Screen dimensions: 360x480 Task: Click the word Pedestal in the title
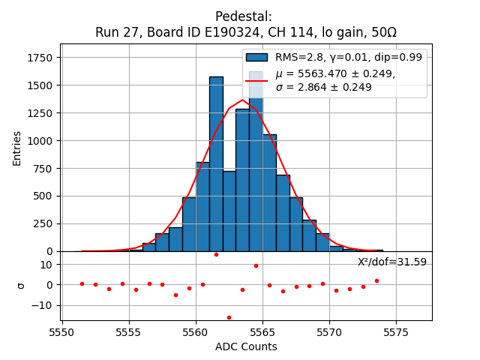click(x=244, y=16)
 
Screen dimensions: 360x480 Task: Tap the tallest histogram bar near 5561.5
click(x=216, y=165)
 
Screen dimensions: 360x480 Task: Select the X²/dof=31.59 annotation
click(x=392, y=262)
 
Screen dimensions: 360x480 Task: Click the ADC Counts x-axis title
click(x=246, y=346)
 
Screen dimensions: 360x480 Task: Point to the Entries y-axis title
click(x=17, y=148)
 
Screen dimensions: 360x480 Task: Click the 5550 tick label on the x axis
click(x=62, y=332)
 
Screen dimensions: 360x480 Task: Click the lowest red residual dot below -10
click(x=229, y=317)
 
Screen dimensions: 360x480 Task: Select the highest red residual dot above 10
click(x=216, y=254)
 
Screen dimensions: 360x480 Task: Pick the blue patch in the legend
click(x=256, y=57)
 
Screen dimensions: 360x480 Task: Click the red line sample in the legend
click(x=256, y=80)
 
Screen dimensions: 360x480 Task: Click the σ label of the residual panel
click(x=21, y=285)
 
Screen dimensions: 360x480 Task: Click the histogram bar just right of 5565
click(x=269, y=193)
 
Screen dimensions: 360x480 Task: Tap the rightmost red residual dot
click(x=376, y=280)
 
